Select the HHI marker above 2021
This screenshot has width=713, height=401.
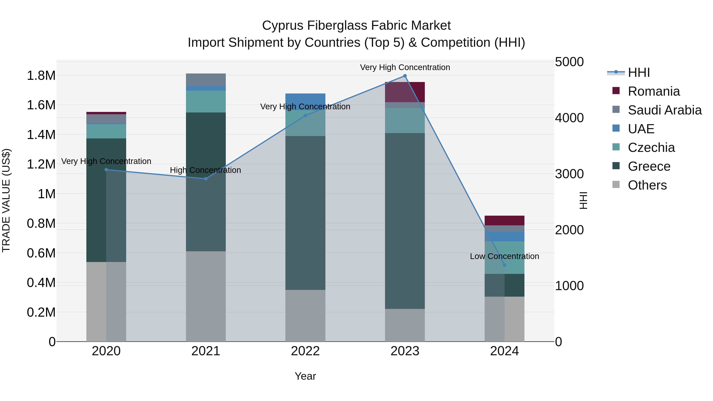[206, 179]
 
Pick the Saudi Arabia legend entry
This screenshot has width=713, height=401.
[664, 110]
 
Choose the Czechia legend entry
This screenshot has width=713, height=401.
[651, 148]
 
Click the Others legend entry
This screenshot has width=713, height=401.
[647, 185]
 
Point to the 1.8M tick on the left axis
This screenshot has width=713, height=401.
[41, 76]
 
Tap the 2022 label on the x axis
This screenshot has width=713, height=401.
[305, 351]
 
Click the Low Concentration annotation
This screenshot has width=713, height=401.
[504, 256]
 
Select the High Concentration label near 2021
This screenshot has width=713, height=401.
[205, 170]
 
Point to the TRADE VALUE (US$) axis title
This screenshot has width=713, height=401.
[6, 200]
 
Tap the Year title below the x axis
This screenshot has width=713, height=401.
[305, 376]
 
